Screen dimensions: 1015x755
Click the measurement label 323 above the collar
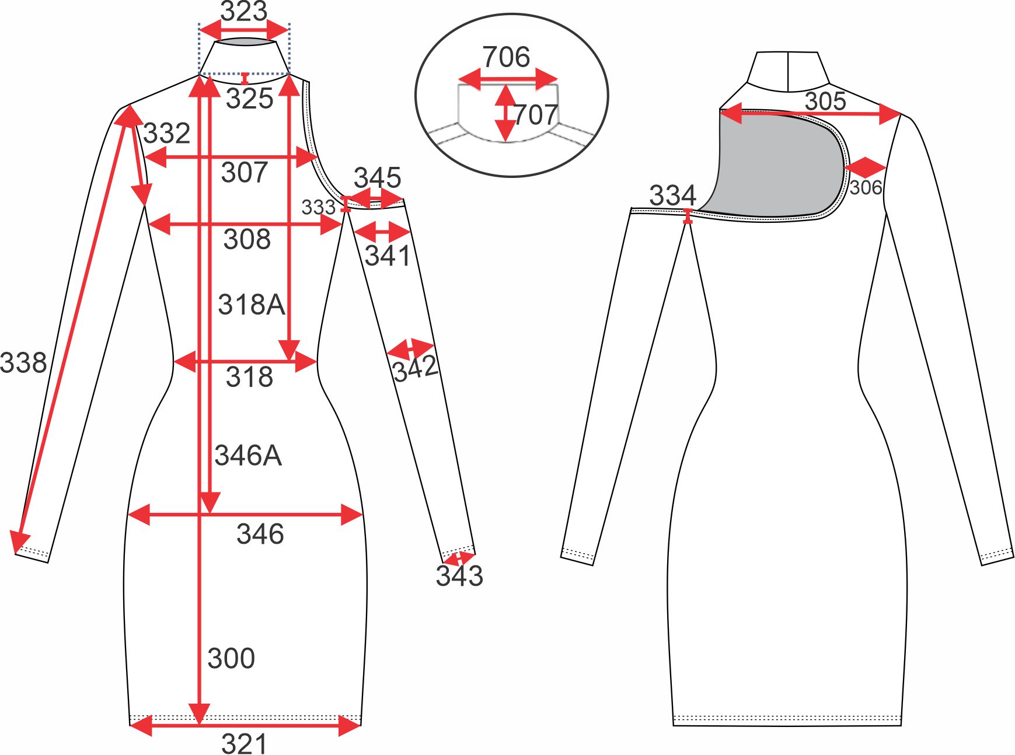[244, 11]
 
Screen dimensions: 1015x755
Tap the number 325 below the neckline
[250, 99]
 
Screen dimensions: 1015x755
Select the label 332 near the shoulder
[167, 134]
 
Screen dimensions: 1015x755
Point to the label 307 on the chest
[245, 173]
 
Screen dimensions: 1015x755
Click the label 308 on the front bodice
[247, 240]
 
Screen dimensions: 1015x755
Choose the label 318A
[252, 305]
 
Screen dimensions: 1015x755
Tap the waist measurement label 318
[250, 377]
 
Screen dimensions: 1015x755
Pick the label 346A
[248, 456]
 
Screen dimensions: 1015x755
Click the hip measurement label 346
[260, 534]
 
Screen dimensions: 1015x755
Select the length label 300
[231, 659]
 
